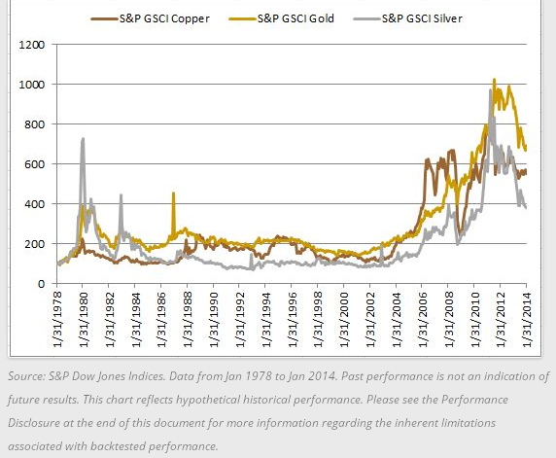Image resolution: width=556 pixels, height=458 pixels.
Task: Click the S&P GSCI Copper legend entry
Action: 151,18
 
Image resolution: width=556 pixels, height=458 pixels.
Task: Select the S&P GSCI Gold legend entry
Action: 282,18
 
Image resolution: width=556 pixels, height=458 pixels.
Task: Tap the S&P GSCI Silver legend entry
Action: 408,18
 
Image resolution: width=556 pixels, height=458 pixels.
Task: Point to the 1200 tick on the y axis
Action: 32,45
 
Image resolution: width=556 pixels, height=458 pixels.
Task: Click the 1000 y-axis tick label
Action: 32,85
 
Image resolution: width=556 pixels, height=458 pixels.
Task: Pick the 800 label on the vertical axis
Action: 35,124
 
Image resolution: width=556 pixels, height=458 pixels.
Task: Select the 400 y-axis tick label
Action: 35,204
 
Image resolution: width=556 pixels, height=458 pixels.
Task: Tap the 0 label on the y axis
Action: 42,284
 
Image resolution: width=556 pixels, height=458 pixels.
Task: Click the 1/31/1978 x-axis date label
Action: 57,319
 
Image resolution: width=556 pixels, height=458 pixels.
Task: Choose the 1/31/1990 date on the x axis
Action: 214,319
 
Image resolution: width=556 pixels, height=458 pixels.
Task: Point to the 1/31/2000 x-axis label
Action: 343,319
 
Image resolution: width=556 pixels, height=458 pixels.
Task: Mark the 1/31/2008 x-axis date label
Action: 448,319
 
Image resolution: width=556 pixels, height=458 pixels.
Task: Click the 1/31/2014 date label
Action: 527,319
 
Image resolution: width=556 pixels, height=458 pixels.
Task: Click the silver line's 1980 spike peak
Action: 83,139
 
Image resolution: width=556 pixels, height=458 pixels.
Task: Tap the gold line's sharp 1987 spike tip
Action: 173,193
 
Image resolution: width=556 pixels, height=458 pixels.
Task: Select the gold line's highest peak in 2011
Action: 495,80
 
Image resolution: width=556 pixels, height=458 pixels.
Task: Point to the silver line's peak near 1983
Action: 121,194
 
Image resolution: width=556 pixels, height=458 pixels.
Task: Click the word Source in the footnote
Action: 25,376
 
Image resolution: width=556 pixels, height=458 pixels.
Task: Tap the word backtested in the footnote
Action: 117,446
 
